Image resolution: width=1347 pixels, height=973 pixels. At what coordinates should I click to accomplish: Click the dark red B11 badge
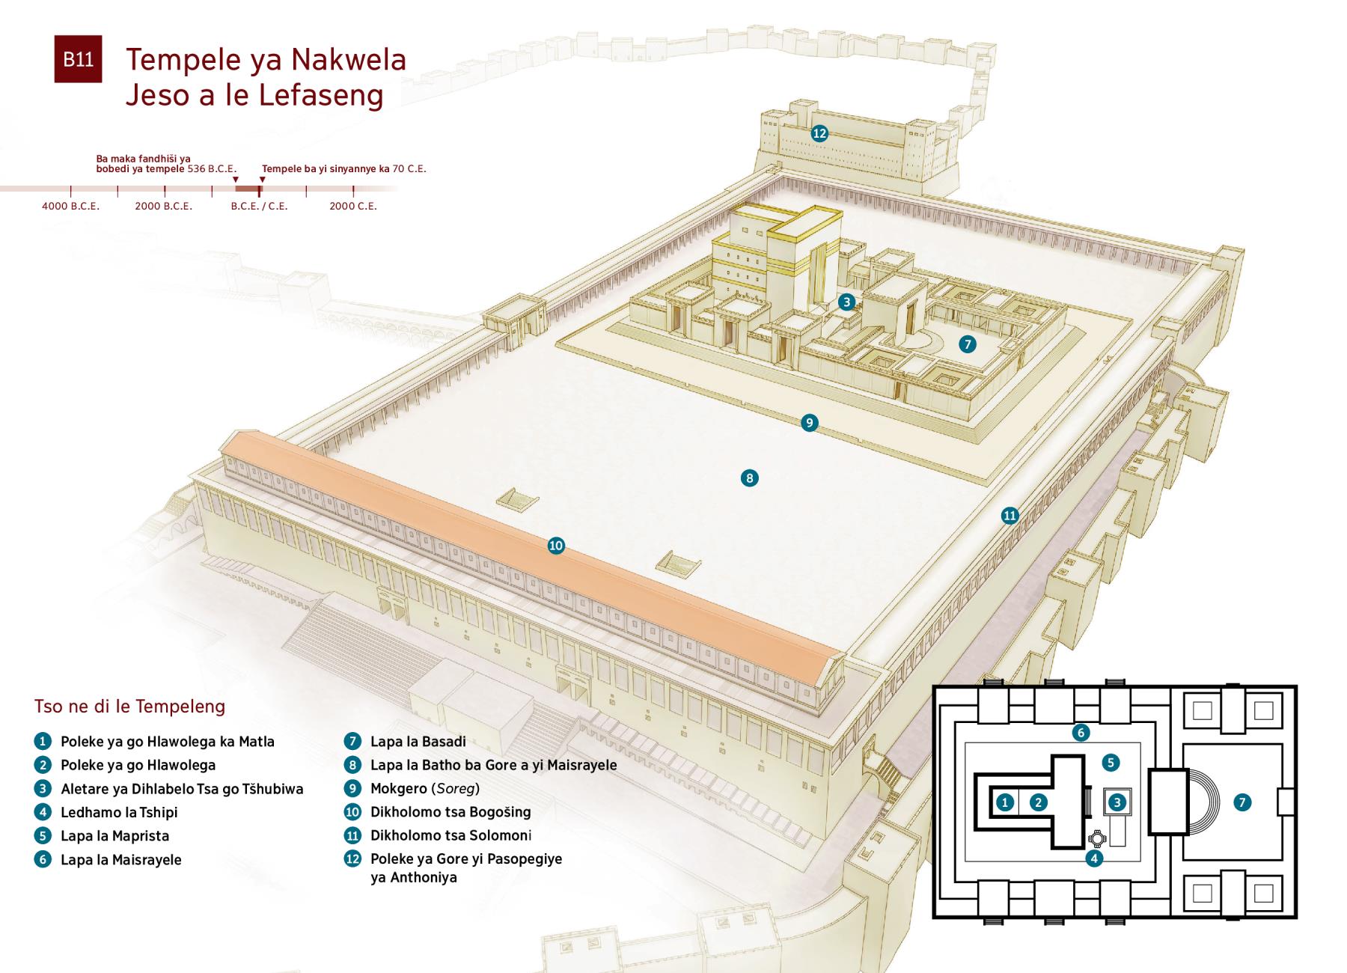point(78,59)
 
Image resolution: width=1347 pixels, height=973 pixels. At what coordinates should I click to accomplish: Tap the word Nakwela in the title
point(349,60)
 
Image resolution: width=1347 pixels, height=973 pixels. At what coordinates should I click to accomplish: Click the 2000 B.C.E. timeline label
point(164,206)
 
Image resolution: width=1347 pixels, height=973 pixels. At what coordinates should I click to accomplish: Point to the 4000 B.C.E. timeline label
point(70,206)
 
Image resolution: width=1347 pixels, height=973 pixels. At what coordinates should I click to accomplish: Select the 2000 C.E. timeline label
point(353,206)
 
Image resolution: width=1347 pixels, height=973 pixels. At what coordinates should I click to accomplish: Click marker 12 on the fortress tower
point(819,133)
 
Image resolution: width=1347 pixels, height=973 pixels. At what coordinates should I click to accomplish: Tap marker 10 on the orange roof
point(556,546)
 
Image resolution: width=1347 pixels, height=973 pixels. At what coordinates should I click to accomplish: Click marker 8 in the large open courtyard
point(749,478)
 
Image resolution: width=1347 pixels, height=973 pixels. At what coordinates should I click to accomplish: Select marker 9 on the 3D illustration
point(809,423)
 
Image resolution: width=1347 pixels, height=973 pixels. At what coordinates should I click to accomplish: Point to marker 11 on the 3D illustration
point(1010,515)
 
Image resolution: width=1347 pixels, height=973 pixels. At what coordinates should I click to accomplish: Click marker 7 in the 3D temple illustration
point(968,344)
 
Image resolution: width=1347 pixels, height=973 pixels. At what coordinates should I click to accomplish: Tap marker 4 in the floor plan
point(1094,858)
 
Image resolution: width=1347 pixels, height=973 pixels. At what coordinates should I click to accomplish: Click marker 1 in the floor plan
point(1005,802)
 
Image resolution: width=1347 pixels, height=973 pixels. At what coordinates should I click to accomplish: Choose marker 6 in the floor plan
point(1080,733)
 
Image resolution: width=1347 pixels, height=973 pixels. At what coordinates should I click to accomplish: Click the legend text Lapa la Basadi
point(418,742)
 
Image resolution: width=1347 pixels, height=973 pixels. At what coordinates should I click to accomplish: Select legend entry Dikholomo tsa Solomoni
point(451,835)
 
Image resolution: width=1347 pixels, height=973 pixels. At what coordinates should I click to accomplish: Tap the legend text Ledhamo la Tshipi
point(119,812)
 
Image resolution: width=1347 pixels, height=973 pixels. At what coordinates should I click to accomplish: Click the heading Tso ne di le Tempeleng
point(129,707)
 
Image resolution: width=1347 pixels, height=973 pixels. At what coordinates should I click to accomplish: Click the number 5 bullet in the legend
point(43,836)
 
